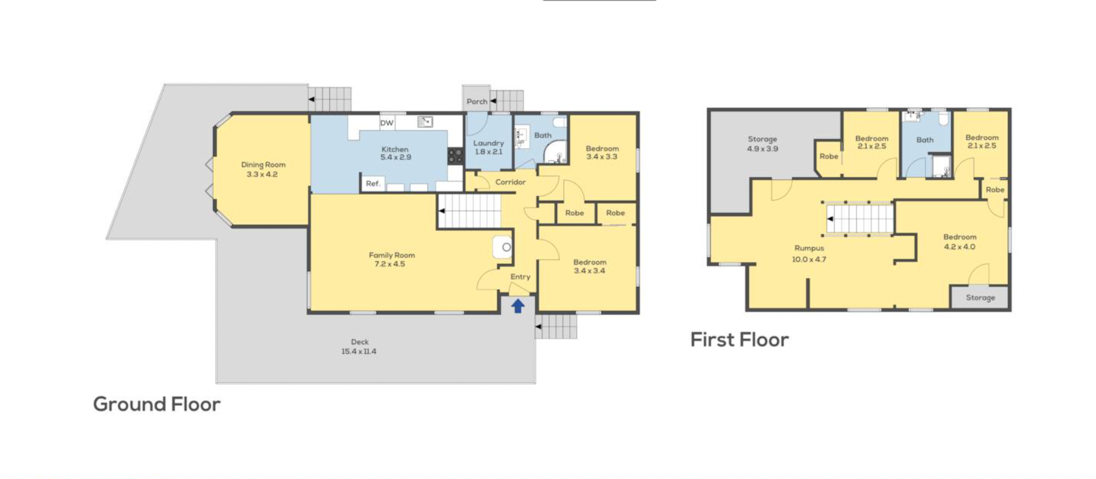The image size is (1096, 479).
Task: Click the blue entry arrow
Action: pyautogui.click(x=518, y=306)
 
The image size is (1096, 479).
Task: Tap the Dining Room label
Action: pyautogui.click(x=263, y=165)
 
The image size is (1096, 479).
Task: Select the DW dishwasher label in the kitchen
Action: pyautogui.click(x=387, y=123)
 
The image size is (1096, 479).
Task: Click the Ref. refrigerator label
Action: pyautogui.click(x=373, y=184)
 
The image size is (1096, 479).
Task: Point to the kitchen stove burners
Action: pyautogui.click(x=456, y=156)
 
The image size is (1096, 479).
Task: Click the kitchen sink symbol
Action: pyautogui.click(x=425, y=122)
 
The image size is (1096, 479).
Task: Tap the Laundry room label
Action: pyautogui.click(x=489, y=143)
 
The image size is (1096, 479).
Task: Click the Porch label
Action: pyautogui.click(x=477, y=102)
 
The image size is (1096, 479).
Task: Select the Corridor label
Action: pyautogui.click(x=511, y=182)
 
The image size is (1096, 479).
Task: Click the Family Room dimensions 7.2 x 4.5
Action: pyautogui.click(x=390, y=264)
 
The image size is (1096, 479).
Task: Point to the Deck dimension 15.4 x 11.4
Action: pyautogui.click(x=359, y=352)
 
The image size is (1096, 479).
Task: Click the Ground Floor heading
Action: pyautogui.click(x=157, y=404)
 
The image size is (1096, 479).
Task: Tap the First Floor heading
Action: pyautogui.click(x=740, y=339)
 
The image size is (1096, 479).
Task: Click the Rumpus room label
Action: pyautogui.click(x=809, y=248)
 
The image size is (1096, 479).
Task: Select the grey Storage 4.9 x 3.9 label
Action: pyautogui.click(x=762, y=144)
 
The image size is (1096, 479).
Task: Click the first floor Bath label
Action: pyautogui.click(x=925, y=140)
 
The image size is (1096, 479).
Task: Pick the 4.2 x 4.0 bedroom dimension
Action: pyautogui.click(x=960, y=247)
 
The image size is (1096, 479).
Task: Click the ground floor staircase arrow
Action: pyautogui.click(x=442, y=211)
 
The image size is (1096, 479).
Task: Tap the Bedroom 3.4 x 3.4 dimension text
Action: pyautogui.click(x=590, y=271)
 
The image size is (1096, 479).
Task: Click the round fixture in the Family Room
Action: pyautogui.click(x=506, y=247)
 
